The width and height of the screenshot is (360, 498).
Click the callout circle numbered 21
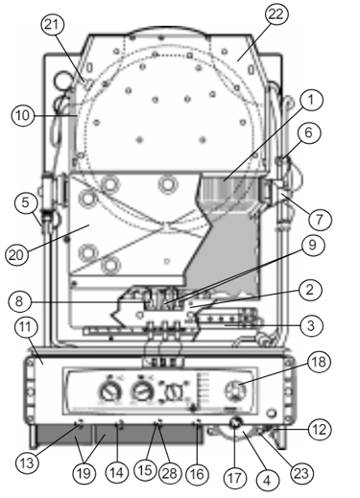[53, 24]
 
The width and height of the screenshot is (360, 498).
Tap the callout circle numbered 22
[276, 14]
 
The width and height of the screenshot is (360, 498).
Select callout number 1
[310, 100]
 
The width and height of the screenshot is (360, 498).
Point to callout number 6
[308, 132]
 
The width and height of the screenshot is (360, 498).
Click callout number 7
[320, 219]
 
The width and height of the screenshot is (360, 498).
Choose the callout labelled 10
[22, 115]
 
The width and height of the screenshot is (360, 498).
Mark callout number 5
[25, 202]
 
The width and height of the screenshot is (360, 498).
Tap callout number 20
[16, 254]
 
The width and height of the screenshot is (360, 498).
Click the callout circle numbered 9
[312, 246]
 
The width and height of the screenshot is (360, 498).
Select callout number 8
[19, 301]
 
